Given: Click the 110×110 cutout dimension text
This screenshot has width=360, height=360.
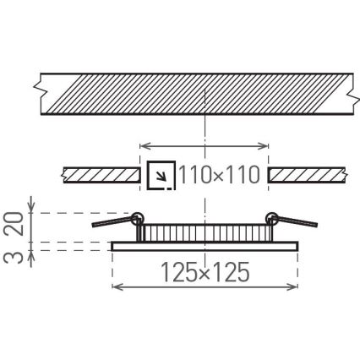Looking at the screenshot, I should pos(218,176).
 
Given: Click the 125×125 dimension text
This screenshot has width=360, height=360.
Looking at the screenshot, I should pos(205,273).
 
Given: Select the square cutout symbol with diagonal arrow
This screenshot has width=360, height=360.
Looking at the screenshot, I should pos(161,176).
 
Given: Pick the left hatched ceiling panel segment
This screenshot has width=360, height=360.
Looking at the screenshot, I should pos(101,175).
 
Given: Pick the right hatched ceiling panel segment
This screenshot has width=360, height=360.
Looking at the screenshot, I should pos(305,175).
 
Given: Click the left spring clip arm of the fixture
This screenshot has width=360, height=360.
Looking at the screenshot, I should pos(112,221).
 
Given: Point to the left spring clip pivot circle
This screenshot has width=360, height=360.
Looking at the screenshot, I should pos(136,216).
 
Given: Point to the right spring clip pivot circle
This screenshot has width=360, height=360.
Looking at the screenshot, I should pos(271,216).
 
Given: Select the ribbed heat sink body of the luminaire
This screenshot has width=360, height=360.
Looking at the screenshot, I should pos(204,233).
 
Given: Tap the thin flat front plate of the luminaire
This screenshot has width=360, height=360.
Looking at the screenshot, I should pos(204,246).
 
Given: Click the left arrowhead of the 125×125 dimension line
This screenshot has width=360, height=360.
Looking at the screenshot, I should pos(115,287).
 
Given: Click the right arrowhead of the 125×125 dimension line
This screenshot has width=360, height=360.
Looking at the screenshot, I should pos(294,287).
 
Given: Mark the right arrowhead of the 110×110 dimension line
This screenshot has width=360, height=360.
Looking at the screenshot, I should pos(265,145).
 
